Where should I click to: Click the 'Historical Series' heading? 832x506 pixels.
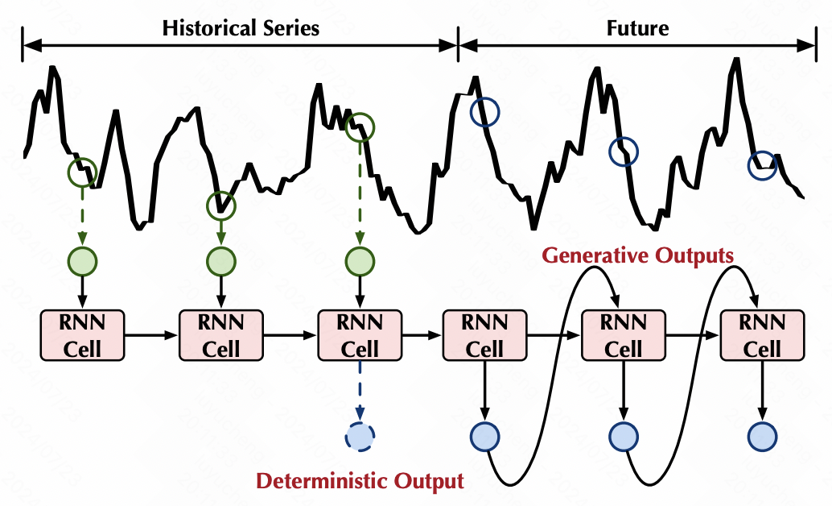[x=241, y=29]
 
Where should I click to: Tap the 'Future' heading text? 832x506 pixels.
[x=636, y=29]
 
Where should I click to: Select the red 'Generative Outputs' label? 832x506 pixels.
[x=638, y=256]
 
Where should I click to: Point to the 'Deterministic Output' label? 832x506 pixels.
[x=360, y=482]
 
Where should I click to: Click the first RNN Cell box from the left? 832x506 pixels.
[x=82, y=335]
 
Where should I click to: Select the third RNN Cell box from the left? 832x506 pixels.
[x=359, y=335]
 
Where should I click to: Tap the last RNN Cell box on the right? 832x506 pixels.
[x=762, y=335]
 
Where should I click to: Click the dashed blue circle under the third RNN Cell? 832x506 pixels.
[x=359, y=436]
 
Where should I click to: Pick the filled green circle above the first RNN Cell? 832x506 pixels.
[x=82, y=262]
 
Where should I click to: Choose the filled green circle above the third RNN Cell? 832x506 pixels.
[x=359, y=262]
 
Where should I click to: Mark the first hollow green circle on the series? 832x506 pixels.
[x=82, y=171]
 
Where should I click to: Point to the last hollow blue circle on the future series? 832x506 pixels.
[x=762, y=165]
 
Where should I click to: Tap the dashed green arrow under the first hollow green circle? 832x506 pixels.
[x=82, y=215]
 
